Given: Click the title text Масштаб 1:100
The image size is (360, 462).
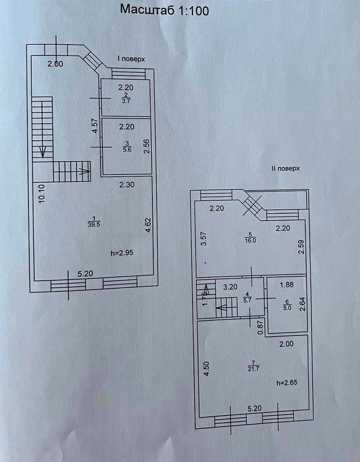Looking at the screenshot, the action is (164, 10).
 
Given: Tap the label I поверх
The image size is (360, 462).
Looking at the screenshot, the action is (131, 59).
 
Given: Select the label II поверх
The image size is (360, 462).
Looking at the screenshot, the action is (286, 168).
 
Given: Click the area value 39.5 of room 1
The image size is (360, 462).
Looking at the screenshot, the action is (94, 225).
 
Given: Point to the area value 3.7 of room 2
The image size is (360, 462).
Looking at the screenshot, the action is (126, 101).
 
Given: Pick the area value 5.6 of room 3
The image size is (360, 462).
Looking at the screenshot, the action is (127, 149).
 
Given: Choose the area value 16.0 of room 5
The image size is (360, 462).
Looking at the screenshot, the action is (250, 241).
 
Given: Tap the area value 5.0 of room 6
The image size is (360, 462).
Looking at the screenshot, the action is (287, 308).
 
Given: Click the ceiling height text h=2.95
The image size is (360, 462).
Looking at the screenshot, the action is (122, 253).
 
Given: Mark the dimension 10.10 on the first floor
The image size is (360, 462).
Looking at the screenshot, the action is (42, 194).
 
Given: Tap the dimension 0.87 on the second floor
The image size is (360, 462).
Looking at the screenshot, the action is (261, 327).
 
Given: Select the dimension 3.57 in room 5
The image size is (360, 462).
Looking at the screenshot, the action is (204, 239).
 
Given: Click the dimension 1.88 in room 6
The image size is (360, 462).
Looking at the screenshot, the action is (286, 285).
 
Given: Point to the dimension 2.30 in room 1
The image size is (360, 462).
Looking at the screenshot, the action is (127, 184).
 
